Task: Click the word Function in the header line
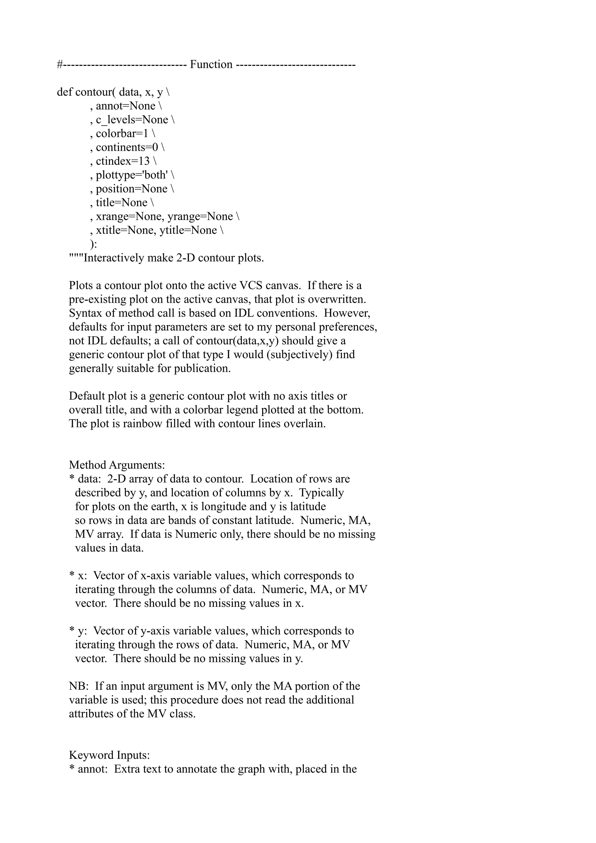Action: pos(211,65)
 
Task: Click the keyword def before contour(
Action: pos(65,92)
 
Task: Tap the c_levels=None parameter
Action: pos(132,120)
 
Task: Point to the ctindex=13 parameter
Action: pos(123,161)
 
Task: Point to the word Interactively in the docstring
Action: pos(113,258)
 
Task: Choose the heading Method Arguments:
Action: pos(117,465)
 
